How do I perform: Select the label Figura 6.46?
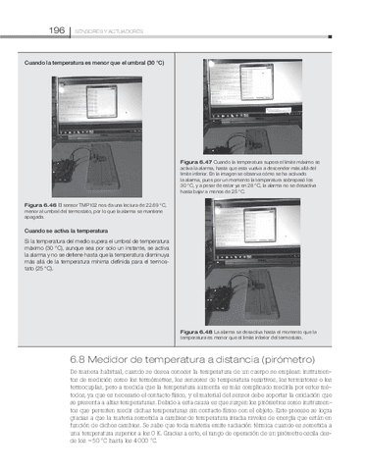(45, 205)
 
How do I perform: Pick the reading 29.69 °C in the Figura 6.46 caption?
(152, 205)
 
